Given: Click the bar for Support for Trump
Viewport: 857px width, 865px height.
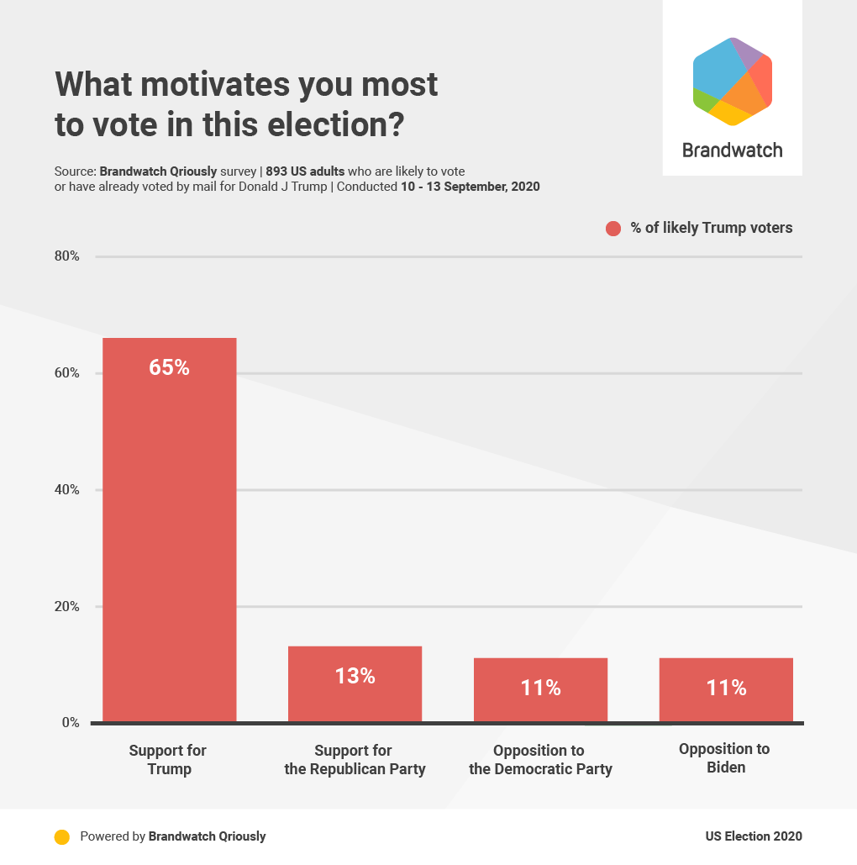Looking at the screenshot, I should [x=169, y=530].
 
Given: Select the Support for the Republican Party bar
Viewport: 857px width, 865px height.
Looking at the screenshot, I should [x=355, y=684].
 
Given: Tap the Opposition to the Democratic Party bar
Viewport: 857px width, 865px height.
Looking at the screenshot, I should [x=540, y=690].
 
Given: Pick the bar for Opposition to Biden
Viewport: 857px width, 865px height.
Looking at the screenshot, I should [x=726, y=690].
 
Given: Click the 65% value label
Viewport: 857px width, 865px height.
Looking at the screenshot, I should [x=169, y=367].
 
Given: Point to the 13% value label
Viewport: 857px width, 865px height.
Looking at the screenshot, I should [x=355, y=676].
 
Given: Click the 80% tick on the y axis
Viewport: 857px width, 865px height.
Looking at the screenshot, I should [x=67, y=256].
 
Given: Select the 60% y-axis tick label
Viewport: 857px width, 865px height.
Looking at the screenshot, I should [x=67, y=373].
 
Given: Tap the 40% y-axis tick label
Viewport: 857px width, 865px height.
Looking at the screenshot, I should [x=67, y=490].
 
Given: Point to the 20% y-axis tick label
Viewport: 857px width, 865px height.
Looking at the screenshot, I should [x=67, y=607].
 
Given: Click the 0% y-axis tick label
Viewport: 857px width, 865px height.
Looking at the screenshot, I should [x=71, y=723].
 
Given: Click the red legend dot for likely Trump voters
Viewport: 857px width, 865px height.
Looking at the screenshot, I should [x=613, y=229].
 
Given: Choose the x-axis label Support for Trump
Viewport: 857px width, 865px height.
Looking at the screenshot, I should [x=168, y=760].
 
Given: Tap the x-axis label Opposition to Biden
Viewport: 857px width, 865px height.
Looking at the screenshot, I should [x=724, y=758].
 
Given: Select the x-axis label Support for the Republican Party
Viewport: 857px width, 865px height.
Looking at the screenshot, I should [x=355, y=760].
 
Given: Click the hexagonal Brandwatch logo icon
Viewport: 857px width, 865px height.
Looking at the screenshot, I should [x=732, y=82].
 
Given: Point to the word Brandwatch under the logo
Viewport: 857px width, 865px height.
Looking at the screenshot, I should [x=732, y=150].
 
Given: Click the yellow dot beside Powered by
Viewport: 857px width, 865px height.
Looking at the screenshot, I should [x=61, y=837].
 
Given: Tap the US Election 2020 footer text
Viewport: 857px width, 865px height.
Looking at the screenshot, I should [x=754, y=836].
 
